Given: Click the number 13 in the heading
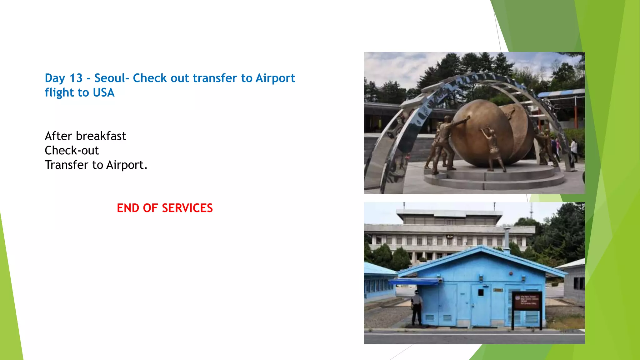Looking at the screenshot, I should click(x=76, y=78).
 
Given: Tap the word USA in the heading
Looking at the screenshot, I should click(x=104, y=93).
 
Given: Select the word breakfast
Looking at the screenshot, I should click(x=101, y=136).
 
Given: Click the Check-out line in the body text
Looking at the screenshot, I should click(x=72, y=151).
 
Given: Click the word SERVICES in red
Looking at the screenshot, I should click(x=187, y=208).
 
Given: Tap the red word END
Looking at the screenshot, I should click(x=127, y=208).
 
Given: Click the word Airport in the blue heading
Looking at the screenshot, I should click(x=275, y=78).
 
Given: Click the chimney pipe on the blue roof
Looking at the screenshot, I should click(x=507, y=240).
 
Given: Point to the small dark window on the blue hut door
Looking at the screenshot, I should click(x=481, y=292).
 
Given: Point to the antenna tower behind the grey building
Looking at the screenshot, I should click(x=531, y=211).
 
